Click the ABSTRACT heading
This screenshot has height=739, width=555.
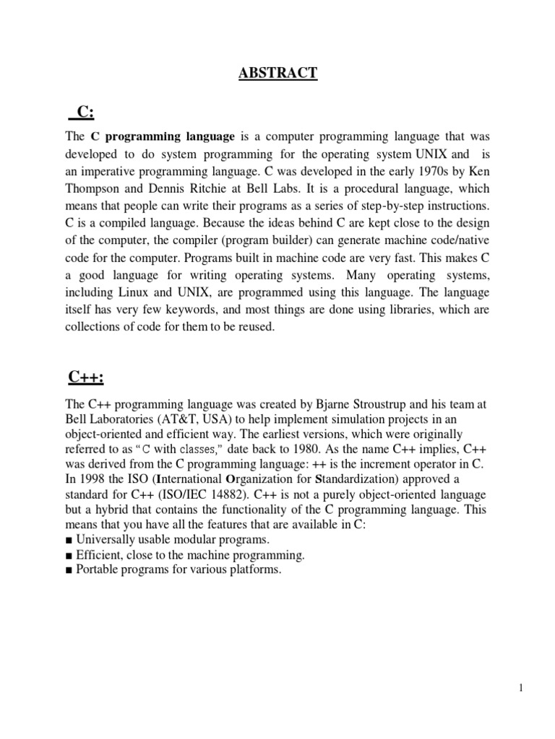(277, 74)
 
